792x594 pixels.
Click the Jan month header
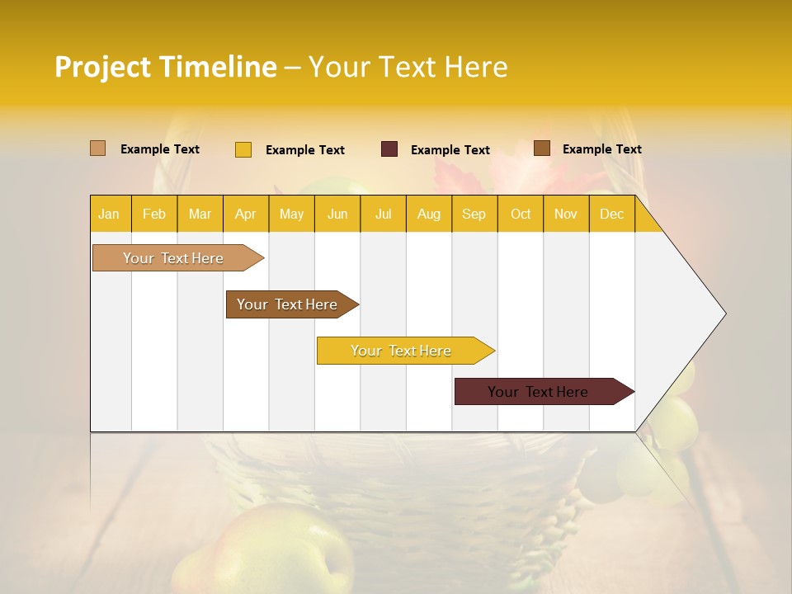(109, 214)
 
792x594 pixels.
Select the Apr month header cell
(245, 214)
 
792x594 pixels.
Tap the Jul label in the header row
(383, 214)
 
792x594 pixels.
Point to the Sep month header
(474, 214)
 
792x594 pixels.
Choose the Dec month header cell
(611, 214)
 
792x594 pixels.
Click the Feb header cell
(154, 214)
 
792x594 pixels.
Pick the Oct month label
(521, 214)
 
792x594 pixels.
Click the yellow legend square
(243, 149)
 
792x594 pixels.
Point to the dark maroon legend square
(389, 149)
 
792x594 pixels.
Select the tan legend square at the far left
(98, 148)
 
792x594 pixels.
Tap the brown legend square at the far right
(542, 148)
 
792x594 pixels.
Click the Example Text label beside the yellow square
(304, 149)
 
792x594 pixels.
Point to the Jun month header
(337, 214)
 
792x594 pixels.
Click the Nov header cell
(566, 214)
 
